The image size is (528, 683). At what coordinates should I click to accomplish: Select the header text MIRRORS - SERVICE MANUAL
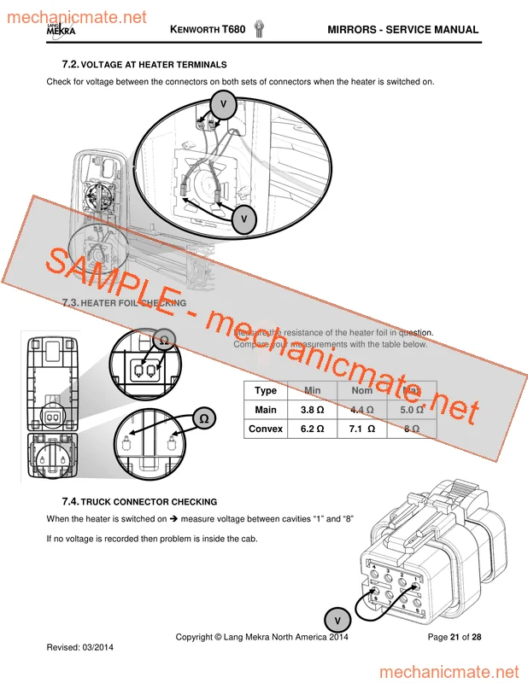[x=402, y=30]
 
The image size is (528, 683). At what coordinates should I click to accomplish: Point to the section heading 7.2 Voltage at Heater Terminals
[x=144, y=65]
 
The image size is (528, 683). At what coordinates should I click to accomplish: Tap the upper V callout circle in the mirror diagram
[x=224, y=104]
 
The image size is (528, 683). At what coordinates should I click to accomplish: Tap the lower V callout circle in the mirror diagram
[x=244, y=219]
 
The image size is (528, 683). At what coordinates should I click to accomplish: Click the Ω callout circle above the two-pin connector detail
[x=164, y=340]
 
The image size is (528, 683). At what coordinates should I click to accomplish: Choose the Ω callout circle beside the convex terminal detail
[x=203, y=418]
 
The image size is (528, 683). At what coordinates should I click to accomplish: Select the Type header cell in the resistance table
[x=266, y=390]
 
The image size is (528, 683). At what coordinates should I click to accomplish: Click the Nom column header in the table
[x=361, y=390]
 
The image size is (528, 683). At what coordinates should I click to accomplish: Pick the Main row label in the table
[x=266, y=410]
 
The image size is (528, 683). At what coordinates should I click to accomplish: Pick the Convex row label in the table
[x=266, y=429]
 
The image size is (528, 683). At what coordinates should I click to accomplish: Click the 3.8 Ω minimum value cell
[x=312, y=410]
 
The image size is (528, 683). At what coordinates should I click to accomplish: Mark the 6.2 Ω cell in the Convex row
[x=312, y=429]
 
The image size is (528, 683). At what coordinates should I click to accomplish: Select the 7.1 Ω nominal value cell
[x=361, y=429]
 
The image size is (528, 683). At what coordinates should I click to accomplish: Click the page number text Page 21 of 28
[x=454, y=637]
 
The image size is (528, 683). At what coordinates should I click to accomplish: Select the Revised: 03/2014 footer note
[x=79, y=647]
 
